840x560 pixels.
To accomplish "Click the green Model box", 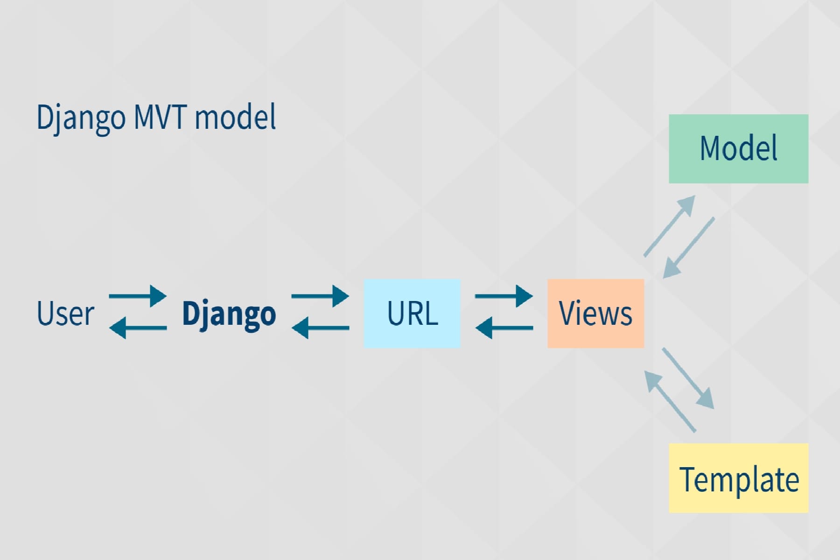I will point(738,148).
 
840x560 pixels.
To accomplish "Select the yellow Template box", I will point(738,478).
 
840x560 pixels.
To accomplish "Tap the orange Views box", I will point(595,313).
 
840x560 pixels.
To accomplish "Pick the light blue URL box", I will point(412,313).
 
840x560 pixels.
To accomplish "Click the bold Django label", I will point(229,314).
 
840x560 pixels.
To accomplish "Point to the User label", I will point(65,313).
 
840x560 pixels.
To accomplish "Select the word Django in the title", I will point(81,118).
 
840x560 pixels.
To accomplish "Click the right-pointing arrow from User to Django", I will point(138,296).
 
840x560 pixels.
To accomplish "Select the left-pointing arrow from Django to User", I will point(138,328).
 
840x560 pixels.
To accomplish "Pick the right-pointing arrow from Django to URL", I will point(320,296).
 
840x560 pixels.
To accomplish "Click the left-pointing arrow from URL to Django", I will point(320,328).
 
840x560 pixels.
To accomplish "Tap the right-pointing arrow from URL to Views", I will point(504,296).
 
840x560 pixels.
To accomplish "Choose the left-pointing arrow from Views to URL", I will point(504,328).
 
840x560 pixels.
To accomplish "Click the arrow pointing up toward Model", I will point(670,226).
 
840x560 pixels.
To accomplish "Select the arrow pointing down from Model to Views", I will point(689,248).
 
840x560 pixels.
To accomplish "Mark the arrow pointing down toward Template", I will point(688,378).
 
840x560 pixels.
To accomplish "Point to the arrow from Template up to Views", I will point(670,401).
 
